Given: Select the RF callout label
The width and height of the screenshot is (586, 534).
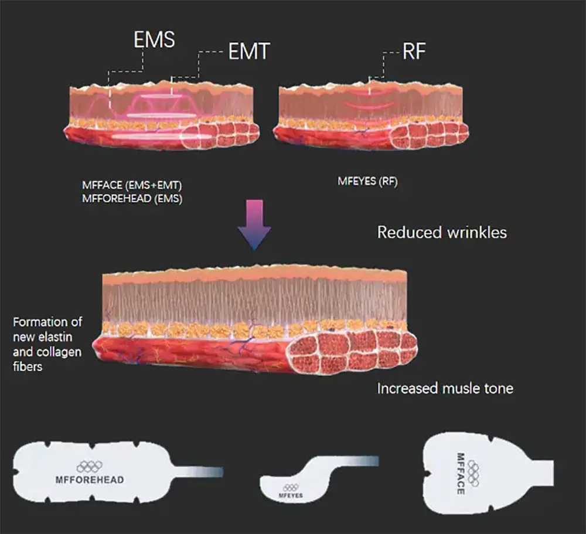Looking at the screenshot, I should (413, 52).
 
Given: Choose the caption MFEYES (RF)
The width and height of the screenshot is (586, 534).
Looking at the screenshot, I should (367, 182).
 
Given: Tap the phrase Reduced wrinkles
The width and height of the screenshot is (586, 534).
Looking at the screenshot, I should (442, 233).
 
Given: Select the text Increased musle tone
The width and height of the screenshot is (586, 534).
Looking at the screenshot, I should (445, 388).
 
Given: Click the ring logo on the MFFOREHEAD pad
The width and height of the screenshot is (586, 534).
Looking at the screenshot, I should (90, 467).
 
